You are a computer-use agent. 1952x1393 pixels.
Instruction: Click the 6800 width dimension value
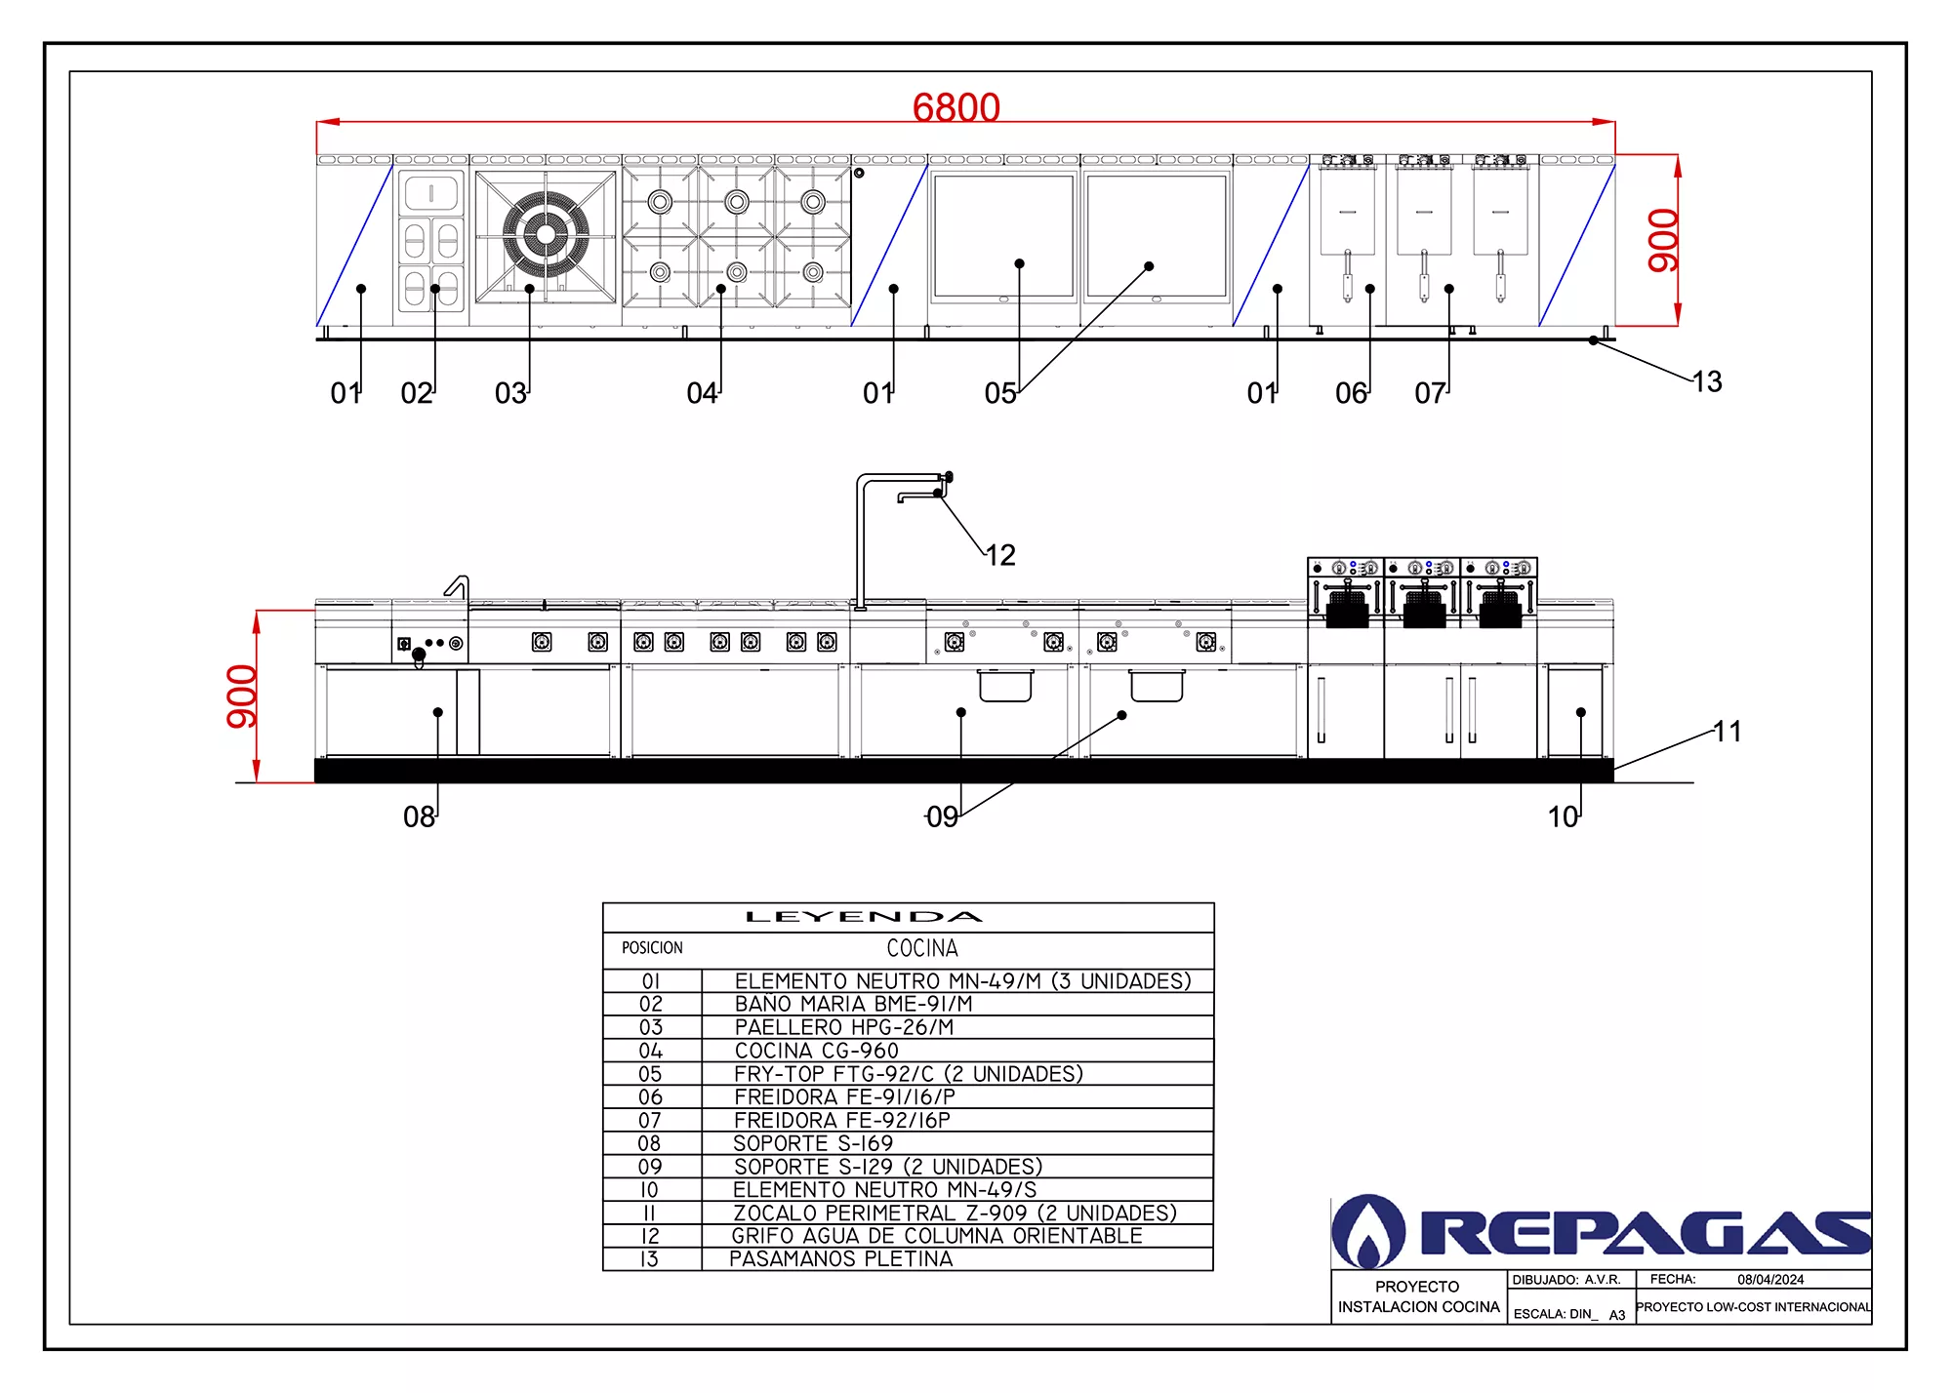tap(956, 107)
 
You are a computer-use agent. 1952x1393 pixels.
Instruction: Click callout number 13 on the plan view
tap(1707, 381)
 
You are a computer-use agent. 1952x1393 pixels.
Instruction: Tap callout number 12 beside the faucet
tap(1000, 555)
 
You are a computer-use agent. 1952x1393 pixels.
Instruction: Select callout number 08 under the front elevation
tap(419, 816)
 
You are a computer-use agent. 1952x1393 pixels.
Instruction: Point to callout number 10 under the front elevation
tap(1563, 816)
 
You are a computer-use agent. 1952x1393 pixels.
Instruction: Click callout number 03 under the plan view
tap(510, 393)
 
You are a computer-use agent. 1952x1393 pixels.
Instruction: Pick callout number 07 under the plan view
tap(1430, 393)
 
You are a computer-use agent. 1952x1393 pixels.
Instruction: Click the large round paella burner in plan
tap(546, 234)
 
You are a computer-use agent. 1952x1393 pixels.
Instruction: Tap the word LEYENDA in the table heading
tap(864, 917)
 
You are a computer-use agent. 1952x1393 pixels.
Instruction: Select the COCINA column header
tap(922, 948)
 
